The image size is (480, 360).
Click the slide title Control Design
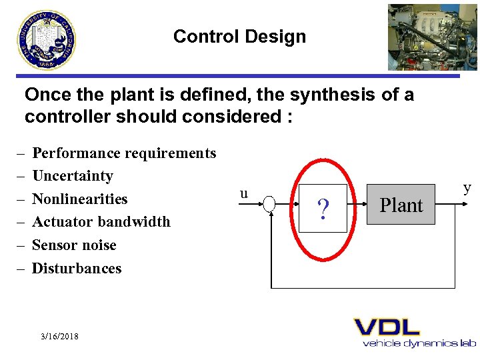[x=239, y=37]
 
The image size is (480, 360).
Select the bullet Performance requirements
[x=124, y=153]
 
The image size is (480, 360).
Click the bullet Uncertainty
[x=73, y=176]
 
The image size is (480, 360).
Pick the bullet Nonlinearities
[x=80, y=199]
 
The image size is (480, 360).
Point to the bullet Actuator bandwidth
[x=101, y=222]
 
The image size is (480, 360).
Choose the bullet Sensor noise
[x=74, y=245]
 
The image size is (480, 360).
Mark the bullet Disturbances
[x=77, y=269]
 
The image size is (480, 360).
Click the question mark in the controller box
[x=323, y=209]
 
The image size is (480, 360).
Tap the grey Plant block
[x=401, y=205]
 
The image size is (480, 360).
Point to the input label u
[x=244, y=194]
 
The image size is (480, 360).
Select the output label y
[x=467, y=187]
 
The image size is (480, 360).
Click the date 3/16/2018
[x=59, y=337]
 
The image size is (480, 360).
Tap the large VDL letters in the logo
[x=387, y=327]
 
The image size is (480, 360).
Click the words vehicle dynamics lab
[x=419, y=343]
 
